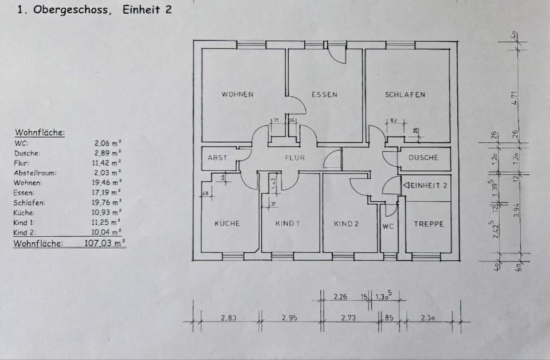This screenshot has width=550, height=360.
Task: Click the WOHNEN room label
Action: coord(237,95)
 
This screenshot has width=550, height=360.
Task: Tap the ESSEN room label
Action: coord(324,95)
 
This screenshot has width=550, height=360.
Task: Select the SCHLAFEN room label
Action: coord(405,95)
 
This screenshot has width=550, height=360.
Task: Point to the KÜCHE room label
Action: coord(227,224)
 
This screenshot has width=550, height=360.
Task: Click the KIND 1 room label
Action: coord(288,224)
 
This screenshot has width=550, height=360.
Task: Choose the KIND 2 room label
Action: coord(346,224)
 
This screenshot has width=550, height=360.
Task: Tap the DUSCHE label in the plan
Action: coord(424,158)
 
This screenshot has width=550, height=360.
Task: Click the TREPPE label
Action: coord(429,224)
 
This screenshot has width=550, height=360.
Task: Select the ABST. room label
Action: coord(218,158)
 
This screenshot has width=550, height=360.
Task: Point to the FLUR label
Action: coord(295,158)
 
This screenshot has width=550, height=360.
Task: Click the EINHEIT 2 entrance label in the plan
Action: coord(425,186)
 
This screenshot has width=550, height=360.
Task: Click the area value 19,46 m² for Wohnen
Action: coord(108,183)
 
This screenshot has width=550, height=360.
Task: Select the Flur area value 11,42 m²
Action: coord(108,163)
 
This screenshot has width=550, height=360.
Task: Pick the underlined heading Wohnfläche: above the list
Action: coord(40,133)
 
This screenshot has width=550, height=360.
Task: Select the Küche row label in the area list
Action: coord(24,213)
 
